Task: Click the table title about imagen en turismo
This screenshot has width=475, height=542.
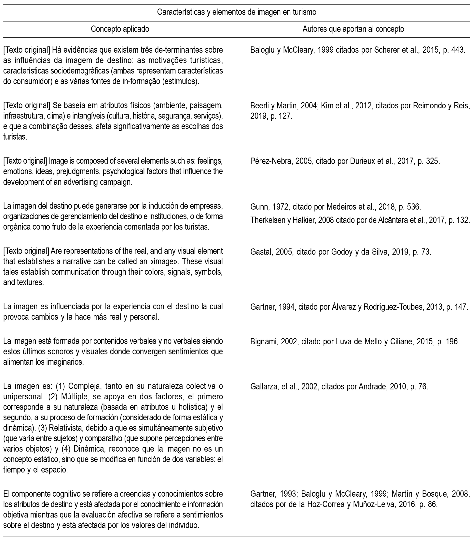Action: [x=236, y=12]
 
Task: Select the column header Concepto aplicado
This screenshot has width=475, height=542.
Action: [x=120, y=29]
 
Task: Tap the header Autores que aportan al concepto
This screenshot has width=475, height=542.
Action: [x=353, y=29]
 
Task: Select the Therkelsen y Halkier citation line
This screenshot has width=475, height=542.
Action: [x=360, y=220]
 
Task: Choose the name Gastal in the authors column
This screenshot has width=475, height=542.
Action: [x=261, y=252]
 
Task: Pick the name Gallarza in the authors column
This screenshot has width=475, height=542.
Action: [x=263, y=387]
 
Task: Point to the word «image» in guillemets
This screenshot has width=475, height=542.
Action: [x=164, y=261]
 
